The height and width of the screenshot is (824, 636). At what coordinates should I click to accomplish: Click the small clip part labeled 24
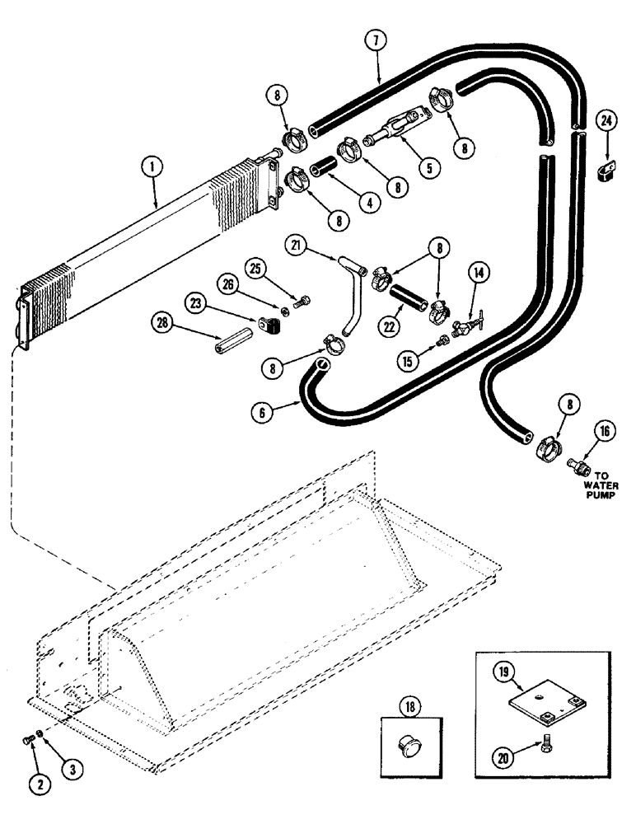click(x=602, y=170)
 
